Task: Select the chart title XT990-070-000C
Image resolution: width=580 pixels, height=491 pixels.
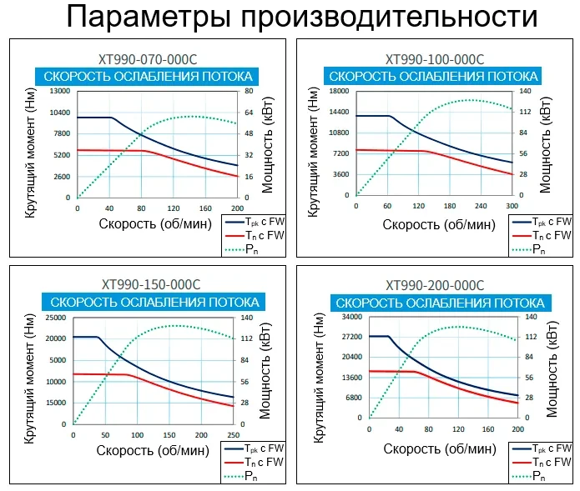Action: coord(148,59)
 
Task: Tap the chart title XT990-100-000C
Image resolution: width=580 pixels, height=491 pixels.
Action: coord(434,59)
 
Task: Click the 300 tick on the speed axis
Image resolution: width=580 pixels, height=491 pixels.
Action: coord(512,206)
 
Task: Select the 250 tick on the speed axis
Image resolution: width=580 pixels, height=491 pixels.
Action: coord(232,434)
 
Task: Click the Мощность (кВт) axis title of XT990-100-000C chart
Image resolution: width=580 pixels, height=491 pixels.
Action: coord(547,143)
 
